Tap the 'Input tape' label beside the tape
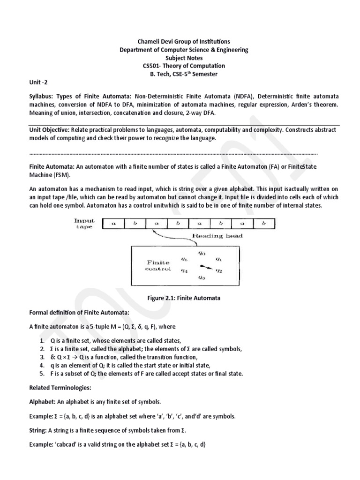coord(84,224)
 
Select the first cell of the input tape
coord(113,224)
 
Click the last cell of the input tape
coord(264,224)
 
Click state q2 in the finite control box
coord(218,270)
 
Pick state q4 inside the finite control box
coord(185,270)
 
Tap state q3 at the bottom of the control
coord(202,277)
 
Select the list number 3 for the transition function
coord(42,357)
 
